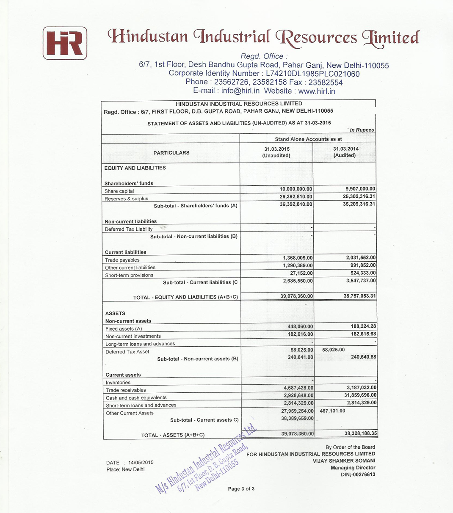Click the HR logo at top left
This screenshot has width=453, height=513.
coord(65,43)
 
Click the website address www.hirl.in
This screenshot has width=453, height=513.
coord(317,91)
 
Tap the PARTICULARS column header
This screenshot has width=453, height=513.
coord(171,153)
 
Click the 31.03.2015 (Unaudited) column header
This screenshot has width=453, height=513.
coord(277,152)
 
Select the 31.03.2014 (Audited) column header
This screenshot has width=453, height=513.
coord(345,152)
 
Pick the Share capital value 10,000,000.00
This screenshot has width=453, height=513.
coord(296,189)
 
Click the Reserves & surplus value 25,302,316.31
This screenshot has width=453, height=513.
coord(359,197)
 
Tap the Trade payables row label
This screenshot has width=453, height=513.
coord(122,260)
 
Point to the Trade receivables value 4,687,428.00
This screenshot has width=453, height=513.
coord(298,388)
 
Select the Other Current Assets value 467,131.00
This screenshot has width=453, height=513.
coord(333,411)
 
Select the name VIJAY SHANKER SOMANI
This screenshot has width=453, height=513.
coord(344,461)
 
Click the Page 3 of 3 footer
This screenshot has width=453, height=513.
coord(241,489)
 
